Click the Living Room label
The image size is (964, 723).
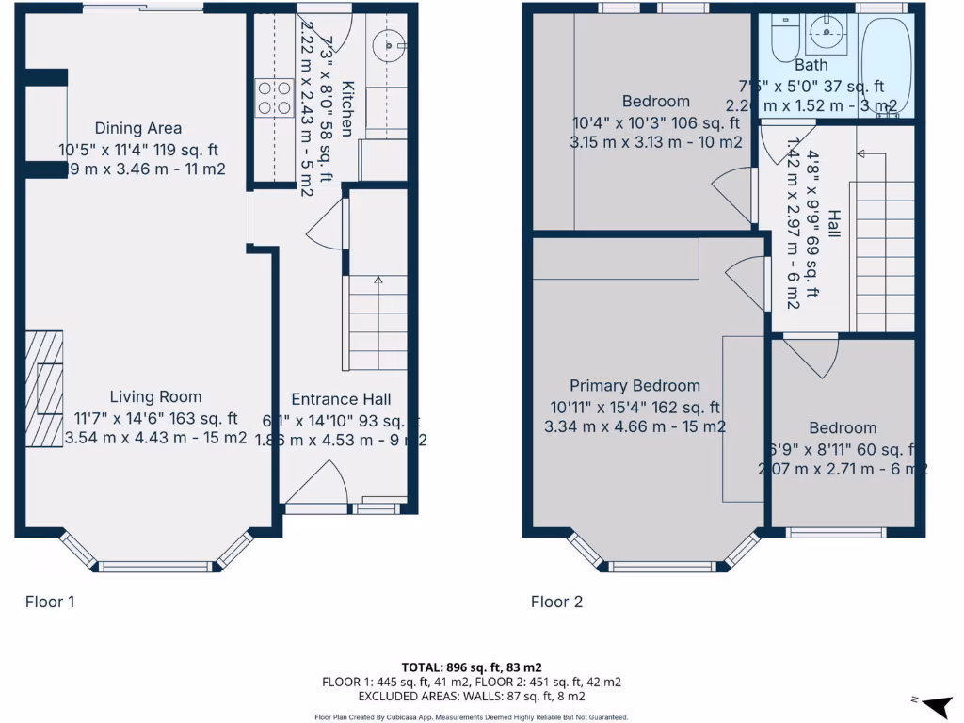(x=155, y=397)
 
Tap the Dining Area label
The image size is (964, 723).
(x=137, y=128)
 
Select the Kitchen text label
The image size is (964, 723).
(x=346, y=109)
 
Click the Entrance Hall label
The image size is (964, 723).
(x=341, y=399)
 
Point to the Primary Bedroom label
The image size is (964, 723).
(x=635, y=386)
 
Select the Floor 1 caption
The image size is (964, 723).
(x=49, y=602)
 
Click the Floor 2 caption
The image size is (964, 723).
(x=556, y=602)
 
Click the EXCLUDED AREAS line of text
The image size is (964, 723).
(x=471, y=696)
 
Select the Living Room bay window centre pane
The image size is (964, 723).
(x=156, y=567)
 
